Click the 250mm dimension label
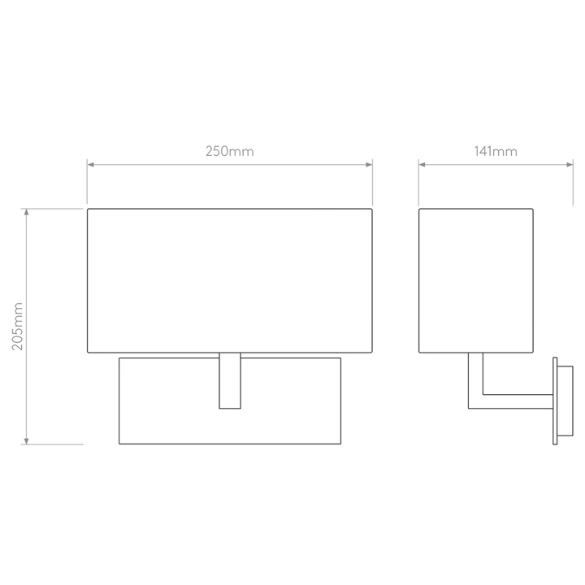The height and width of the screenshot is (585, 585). coord(230,151)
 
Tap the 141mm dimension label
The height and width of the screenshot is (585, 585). coord(496,151)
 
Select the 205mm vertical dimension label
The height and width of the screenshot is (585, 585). coord(18,327)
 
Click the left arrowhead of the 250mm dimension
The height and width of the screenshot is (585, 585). coord(90,164)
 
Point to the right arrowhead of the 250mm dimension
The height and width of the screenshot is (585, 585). coord(370,164)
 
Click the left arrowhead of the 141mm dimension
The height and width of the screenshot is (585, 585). coord(422,164)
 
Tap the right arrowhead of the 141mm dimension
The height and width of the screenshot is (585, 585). coord(570,164)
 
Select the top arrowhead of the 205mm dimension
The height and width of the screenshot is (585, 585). coord(26,212)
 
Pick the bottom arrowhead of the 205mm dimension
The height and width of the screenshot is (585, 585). coord(26,441)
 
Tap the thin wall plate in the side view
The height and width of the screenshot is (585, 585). coord(555,401)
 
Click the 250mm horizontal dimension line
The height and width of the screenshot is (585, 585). coord(230,164)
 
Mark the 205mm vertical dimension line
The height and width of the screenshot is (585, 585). coord(26,327)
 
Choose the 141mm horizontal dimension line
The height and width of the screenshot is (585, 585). coord(496,164)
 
